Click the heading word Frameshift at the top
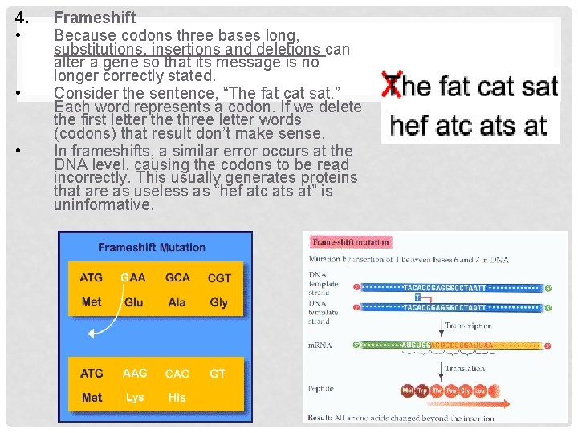click(95, 18)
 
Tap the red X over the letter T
click(392, 85)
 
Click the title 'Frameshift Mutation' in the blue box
click(152, 248)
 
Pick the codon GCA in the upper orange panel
click(177, 277)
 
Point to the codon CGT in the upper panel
click(219, 278)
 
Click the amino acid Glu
click(134, 302)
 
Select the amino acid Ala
click(177, 302)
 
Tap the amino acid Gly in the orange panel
click(218, 302)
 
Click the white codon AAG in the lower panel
click(135, 373)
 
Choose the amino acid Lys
click(134, 397)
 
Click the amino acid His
click(177, 397)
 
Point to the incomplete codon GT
click(217, 373)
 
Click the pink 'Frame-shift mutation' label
click(351, 241)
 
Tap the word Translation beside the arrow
click(466, 369)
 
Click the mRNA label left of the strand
click(321, 346)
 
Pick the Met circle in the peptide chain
click(408, 391)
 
